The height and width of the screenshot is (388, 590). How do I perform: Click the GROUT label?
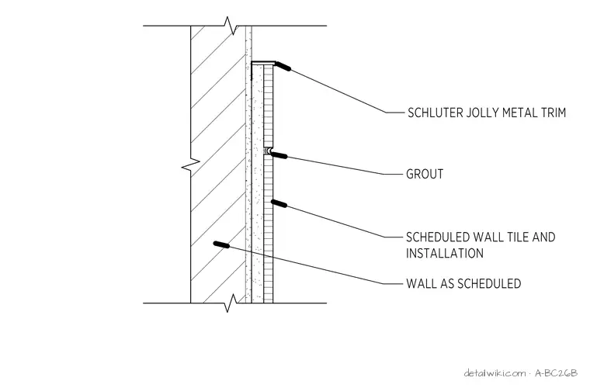point(425,174)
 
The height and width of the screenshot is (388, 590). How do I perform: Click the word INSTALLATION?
point(445,253)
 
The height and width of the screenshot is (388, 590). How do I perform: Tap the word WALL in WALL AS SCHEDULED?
point(420,283)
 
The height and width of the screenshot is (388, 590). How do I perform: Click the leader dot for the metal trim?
point(283,66)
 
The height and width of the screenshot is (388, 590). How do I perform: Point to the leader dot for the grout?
point(279,154)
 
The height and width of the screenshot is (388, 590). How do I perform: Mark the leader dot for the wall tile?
point(279,203)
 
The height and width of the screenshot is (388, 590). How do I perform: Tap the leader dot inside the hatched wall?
point(221,244)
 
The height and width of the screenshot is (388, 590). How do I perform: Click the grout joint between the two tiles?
point(268,151)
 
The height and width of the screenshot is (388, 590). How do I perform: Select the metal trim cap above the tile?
point(263,63)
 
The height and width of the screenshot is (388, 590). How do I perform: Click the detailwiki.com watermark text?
point(495,373)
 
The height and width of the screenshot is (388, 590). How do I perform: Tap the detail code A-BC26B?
point(556,373)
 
